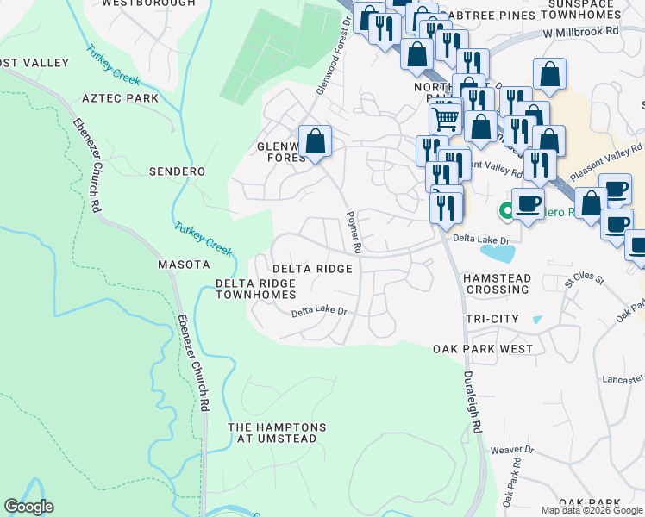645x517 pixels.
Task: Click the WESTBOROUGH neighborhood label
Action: point(148,3)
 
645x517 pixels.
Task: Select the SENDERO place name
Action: point(177,171)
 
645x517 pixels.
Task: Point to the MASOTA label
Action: point(184,264)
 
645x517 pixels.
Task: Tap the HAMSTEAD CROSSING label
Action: point(496,284)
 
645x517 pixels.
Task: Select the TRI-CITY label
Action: point(492,319)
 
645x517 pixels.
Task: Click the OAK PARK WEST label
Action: point(483,349)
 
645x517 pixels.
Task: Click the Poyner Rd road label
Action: point(353,232)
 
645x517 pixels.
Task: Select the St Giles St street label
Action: point(580,281)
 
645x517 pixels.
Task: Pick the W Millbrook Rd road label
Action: point(581,31)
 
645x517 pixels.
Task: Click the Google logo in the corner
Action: point(28,508)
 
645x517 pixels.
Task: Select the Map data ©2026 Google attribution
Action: point(591,510)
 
